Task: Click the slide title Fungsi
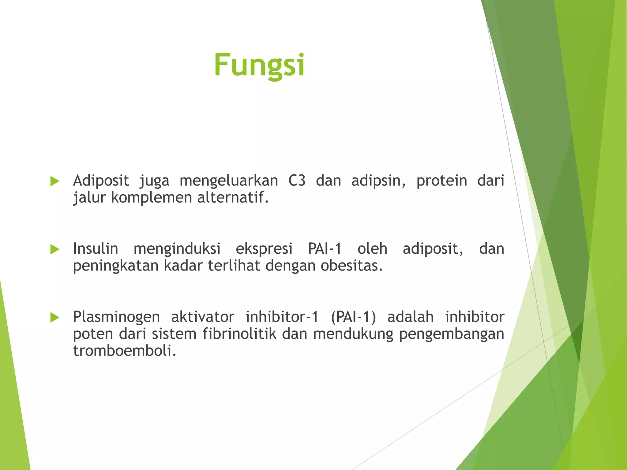pos(259,65)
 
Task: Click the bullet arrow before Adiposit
pos(54,181)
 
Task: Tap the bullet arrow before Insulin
pos(54,249)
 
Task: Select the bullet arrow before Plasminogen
pos(54,317)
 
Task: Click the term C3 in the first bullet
pos(297,181)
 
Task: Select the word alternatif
pos(233,197)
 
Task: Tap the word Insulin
pos(96,248)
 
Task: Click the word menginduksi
pos(177,249)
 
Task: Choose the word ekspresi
pos(264,249)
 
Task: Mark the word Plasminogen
pos(116,317)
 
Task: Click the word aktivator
pos(203,317)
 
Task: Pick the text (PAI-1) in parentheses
pos(353,317)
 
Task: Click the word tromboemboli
pos(125,350)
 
